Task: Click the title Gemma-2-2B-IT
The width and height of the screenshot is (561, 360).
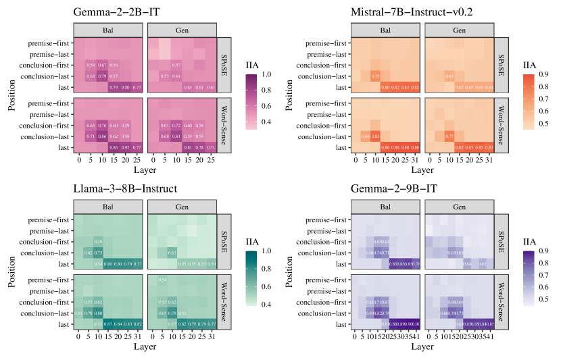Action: point(112,11)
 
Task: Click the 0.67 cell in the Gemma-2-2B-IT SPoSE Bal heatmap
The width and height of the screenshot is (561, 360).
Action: point(103,65)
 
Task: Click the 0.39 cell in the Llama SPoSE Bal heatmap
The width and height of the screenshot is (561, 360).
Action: point(98,242)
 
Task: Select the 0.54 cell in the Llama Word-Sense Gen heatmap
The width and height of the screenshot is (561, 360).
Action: point(162,280)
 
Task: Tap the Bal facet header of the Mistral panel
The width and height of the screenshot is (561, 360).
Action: point(386,31)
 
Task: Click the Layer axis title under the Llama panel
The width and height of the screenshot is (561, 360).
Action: point(143,347)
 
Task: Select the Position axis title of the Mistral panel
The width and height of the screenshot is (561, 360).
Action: point(287,95)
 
